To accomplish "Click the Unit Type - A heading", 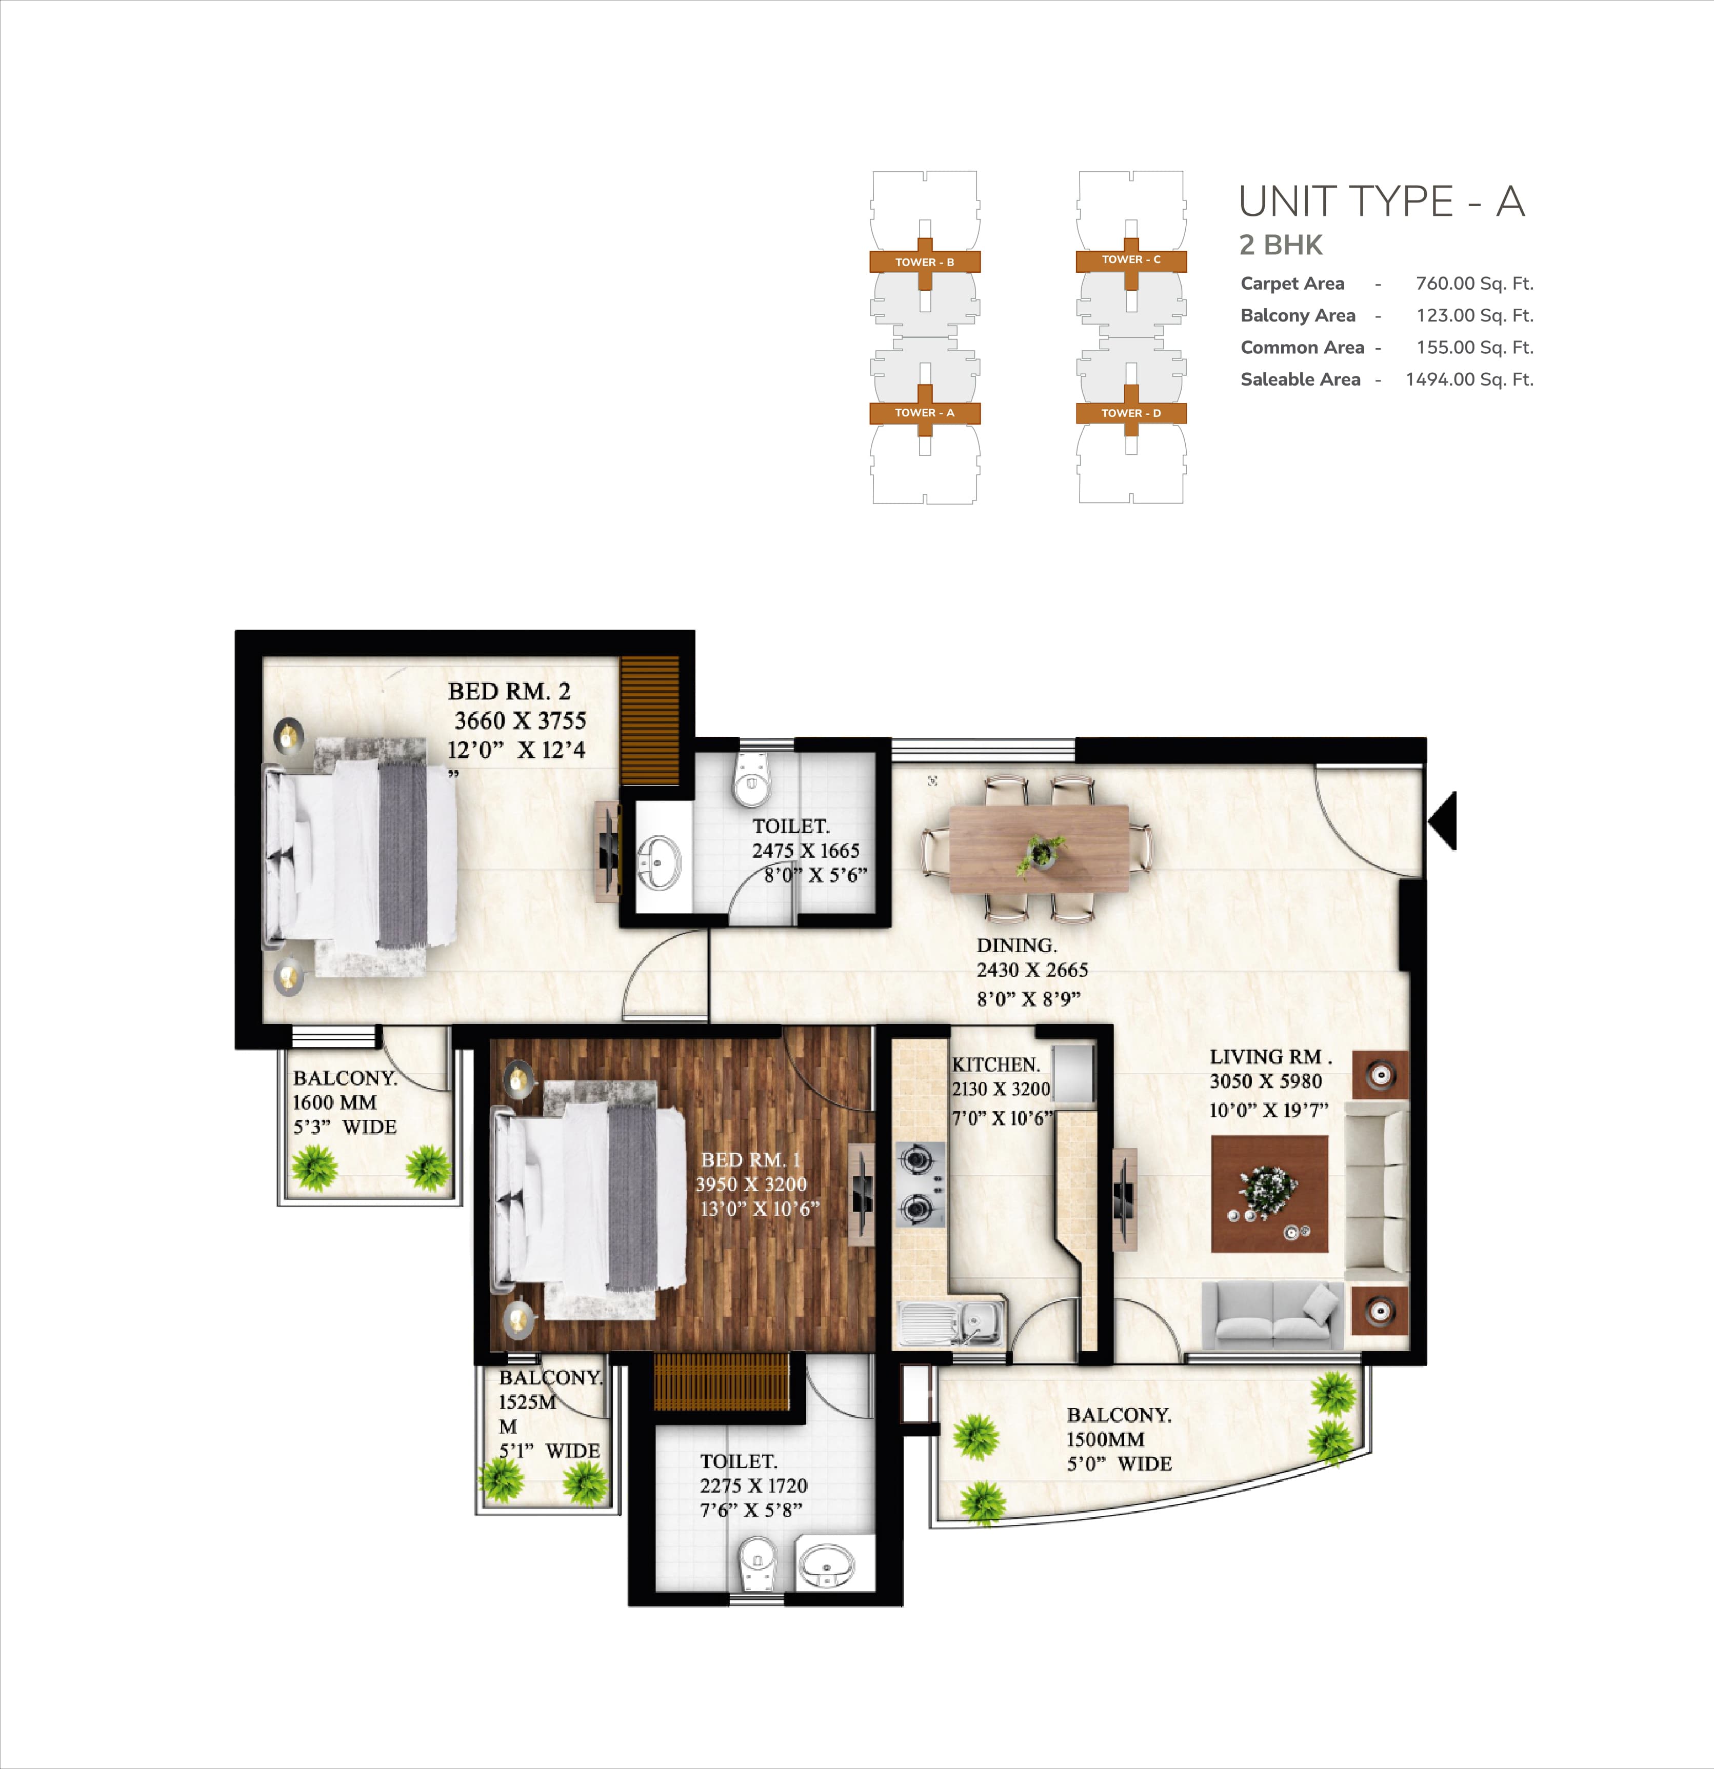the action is (x=1382, y=202).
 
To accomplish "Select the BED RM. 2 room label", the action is (x=509, y=691).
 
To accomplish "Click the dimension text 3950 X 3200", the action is (x=751, y=1184).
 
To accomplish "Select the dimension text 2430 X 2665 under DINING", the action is (x=1032, y=970).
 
